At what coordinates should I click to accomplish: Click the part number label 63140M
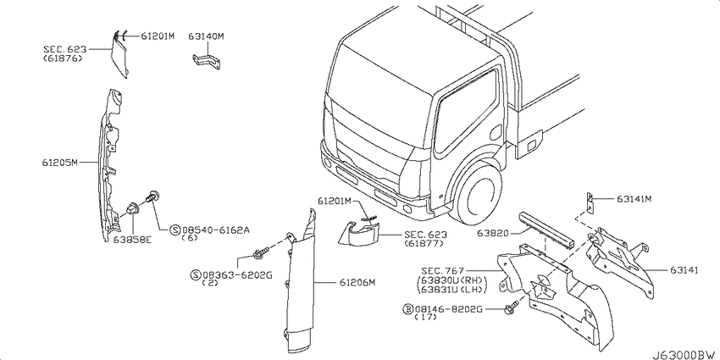click(206, 36)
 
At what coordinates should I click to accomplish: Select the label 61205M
click(60, 162)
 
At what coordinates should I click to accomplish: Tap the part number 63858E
click(132, 239)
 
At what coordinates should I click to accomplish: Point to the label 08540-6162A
click(216, 230)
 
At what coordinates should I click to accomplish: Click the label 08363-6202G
click(237, 275)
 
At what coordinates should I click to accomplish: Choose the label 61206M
click(357, 283)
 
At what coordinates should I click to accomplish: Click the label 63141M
click(634, 199)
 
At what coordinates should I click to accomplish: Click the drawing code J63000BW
click(685, 355)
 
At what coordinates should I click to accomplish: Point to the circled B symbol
click(407, 309)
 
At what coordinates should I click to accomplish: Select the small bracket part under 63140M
click(206, 62)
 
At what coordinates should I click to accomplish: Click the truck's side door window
click(466, 112)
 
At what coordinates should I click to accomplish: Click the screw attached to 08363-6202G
click(260, 252)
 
